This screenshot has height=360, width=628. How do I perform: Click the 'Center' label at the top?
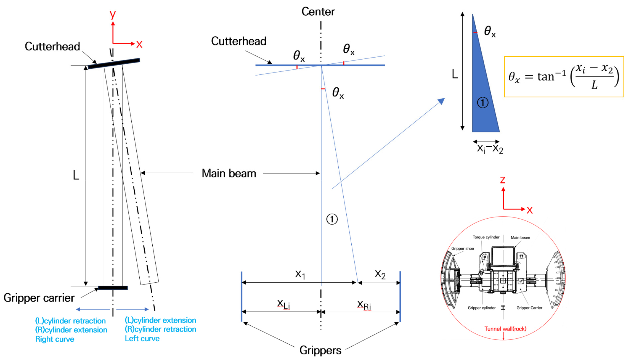318,12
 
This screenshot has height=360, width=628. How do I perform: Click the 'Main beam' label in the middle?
229,173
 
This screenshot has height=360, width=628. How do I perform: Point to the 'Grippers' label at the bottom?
320,350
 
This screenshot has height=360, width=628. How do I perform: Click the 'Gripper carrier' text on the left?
39,298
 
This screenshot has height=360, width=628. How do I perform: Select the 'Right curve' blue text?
55,339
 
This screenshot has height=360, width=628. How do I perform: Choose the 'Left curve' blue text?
142,338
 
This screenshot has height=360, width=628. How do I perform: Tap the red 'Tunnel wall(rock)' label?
505,329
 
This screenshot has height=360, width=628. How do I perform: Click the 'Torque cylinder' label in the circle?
486,237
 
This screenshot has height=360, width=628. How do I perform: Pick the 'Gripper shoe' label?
462,248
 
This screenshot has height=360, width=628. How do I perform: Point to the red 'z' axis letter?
503,180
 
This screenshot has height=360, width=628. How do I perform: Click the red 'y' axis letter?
112,14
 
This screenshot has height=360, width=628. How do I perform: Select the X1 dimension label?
300,274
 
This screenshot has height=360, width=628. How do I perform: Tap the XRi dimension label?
364,305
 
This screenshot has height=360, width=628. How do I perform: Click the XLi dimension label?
283,304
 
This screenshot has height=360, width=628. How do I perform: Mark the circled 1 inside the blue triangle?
483,103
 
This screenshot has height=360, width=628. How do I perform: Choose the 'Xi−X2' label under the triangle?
490,148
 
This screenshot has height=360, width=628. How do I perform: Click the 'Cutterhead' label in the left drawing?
52,46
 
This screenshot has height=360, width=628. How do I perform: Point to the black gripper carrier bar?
113,288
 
